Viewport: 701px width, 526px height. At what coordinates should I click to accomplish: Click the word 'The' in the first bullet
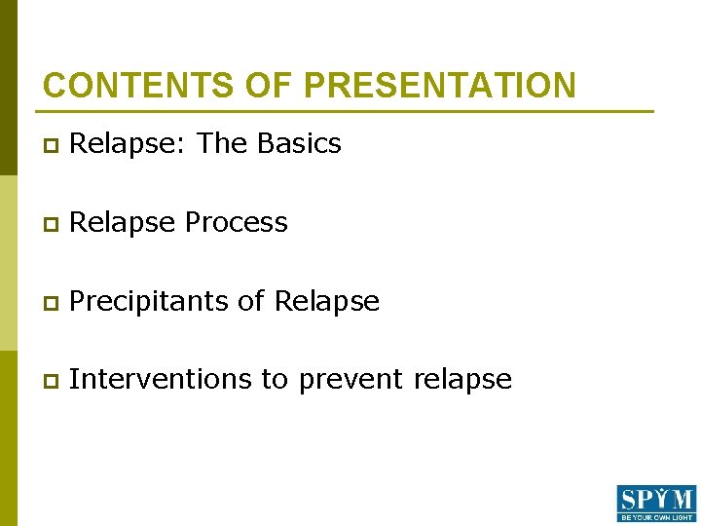pos(223,143)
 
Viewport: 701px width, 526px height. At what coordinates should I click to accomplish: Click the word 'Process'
pos(236,223)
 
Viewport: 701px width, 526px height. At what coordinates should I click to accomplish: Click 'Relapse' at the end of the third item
pos(327,302)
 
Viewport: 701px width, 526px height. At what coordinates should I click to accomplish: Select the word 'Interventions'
pos(161,379)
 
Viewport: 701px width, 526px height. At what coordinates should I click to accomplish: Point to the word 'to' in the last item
pos(275,380)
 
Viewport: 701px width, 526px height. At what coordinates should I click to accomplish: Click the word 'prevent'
pos(351,380)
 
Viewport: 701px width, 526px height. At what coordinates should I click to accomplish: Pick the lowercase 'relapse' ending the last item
pos(462,380)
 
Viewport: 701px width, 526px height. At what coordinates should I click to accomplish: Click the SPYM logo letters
pos(656,499)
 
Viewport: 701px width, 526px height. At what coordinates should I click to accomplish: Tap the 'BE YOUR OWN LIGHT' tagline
pos(656,517)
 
